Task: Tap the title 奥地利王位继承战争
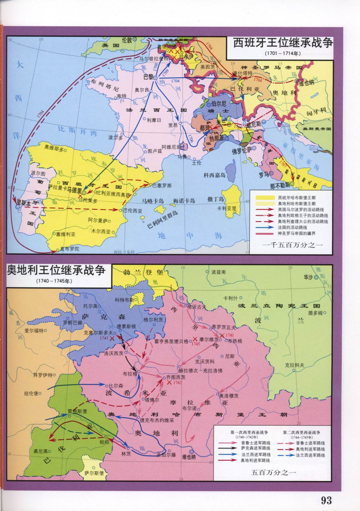coord(57,271)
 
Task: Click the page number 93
coord(326,500)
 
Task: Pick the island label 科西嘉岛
coord(215,175)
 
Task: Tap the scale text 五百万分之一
coord(273,473)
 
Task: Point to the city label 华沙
coord(308,277)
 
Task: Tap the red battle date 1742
coord(177,382)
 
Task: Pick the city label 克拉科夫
coord(295,365)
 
